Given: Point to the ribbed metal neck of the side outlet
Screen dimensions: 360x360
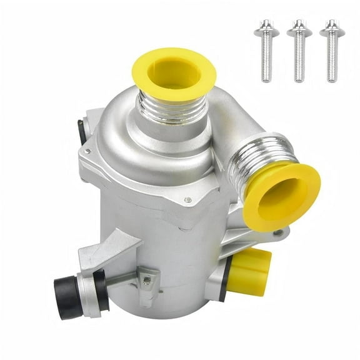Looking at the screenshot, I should [250, 166].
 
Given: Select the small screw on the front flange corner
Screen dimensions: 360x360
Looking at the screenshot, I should [187, 200].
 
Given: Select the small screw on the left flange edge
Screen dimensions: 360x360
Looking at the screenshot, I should [87, 152].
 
